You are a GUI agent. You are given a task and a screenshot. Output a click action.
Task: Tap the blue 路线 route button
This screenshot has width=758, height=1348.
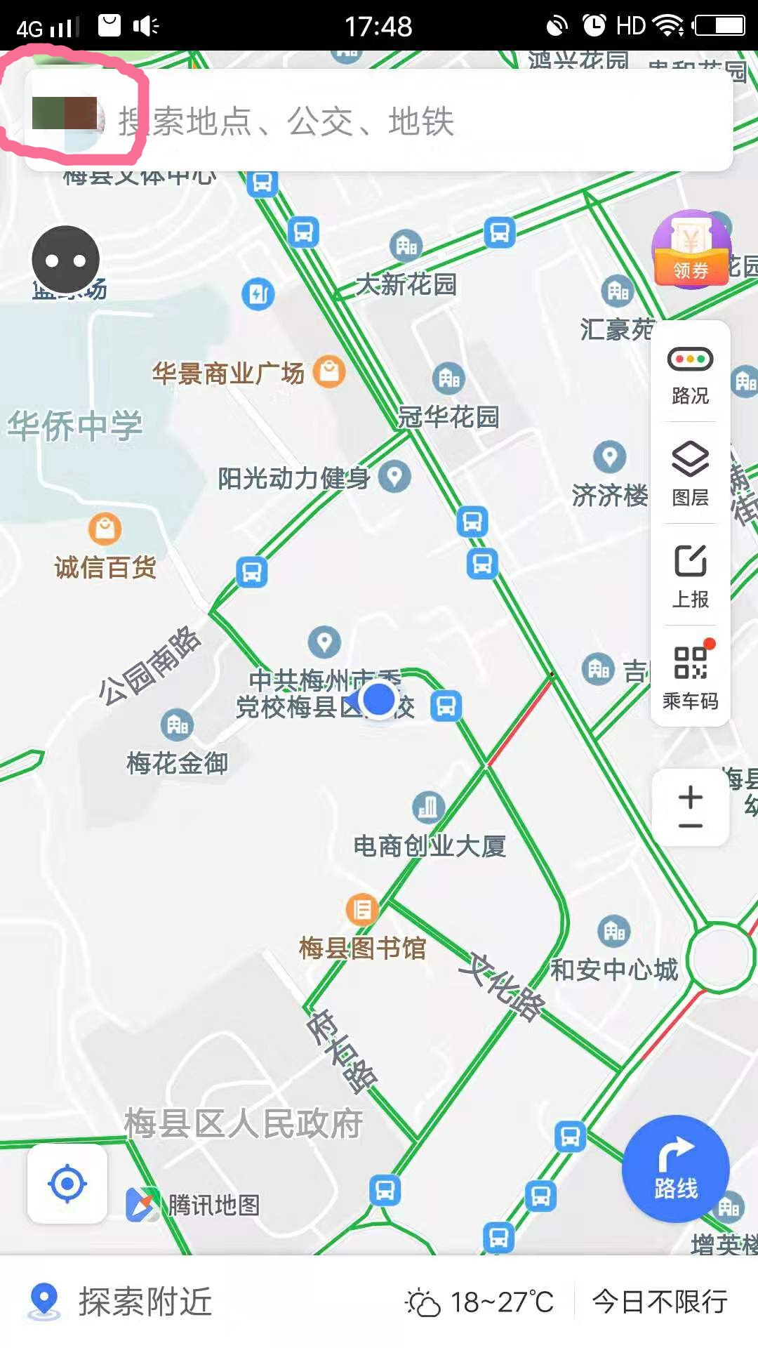pos(675,1168)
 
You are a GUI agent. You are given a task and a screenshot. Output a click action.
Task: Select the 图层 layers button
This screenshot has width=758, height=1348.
pos(691,475)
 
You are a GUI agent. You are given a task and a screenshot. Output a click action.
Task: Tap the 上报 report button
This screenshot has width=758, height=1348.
pos(691,576)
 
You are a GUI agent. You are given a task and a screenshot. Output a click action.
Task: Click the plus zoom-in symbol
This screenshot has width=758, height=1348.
pos(691,797)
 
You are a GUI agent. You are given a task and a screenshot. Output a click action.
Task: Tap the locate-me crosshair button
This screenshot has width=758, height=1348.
pos(67,1184)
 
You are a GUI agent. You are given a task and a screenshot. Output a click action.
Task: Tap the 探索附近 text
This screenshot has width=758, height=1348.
pos(145,1302)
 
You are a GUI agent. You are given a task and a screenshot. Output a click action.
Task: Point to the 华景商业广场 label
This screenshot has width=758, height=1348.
pos(229,374)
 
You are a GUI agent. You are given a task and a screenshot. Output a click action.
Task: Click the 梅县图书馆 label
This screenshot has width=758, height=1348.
pos(362,949)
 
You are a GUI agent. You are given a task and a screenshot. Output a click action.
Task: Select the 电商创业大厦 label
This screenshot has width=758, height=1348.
pos(430,846)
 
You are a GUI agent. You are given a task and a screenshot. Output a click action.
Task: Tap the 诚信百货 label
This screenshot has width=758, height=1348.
pos(105,567)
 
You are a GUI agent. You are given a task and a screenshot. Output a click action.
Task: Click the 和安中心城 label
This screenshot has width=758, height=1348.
pos(614,970)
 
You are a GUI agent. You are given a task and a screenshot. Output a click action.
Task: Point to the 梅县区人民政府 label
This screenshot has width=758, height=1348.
pos(244,1123)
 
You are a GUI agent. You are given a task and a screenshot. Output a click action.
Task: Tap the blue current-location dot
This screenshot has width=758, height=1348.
pos(380,699)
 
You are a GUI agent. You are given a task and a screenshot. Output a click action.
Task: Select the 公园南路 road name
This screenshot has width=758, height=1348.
pos(149,664)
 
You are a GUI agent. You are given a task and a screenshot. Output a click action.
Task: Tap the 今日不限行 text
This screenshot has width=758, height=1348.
pos(660,1302)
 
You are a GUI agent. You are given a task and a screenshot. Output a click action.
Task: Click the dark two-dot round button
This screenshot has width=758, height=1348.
pos(66,260)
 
